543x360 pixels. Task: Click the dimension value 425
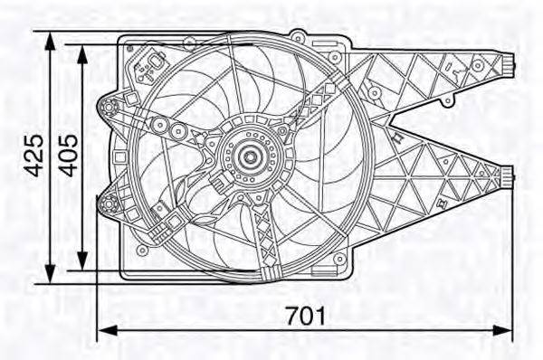33,156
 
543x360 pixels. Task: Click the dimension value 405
68,156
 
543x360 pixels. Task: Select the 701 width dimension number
306,316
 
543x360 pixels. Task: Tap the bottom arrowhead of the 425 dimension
51,273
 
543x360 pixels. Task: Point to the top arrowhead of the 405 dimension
82,54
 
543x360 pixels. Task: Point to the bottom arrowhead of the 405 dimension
82,261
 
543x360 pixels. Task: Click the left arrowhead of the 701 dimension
109,330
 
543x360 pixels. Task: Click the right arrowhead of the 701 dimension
501,330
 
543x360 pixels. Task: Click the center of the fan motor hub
249,156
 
